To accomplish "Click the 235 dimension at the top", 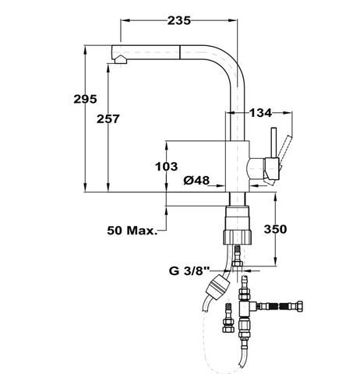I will pyautogui.click(x=179, y=21).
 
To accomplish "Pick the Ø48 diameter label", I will pyautogui.click(x=197, y=181).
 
